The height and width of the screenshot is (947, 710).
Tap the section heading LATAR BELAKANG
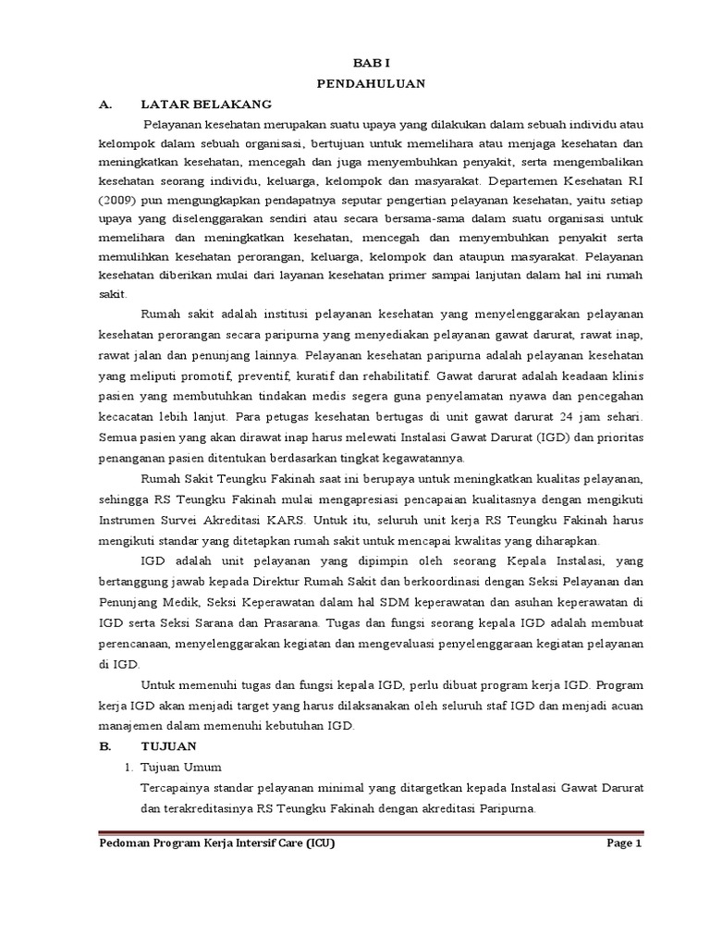(x=205, y=104)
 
